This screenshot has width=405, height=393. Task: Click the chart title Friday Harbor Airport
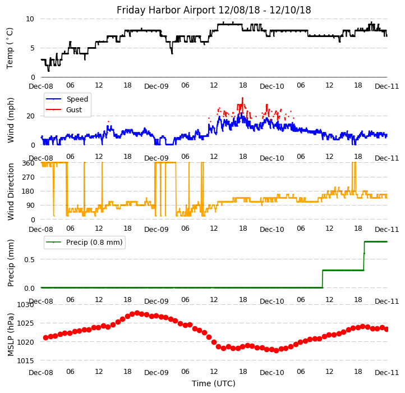[214, 10]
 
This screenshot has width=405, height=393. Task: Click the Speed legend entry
[77, 99]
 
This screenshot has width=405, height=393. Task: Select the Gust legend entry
[75, 110]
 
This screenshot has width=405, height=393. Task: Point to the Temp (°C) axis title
[10, 48]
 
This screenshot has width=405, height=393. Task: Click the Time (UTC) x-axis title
[214, 383]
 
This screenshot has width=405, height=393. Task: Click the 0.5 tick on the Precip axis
[29, 259]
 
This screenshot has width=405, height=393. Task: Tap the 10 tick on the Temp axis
[30, 19]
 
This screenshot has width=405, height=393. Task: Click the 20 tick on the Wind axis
[30, 116]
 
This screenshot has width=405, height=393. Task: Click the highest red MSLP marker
[137, 313]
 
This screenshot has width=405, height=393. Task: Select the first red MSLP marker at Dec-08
[45, 337]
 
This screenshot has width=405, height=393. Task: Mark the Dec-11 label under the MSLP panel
[386, 372]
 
